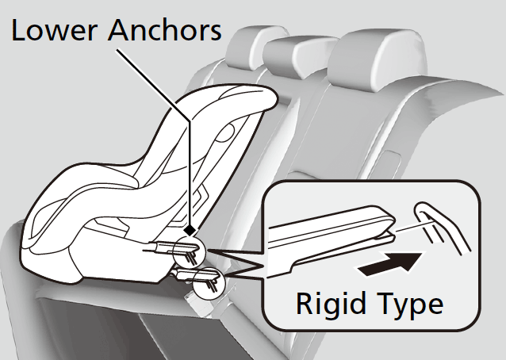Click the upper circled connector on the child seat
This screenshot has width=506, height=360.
pyautogui.click(x=191, y=251)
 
